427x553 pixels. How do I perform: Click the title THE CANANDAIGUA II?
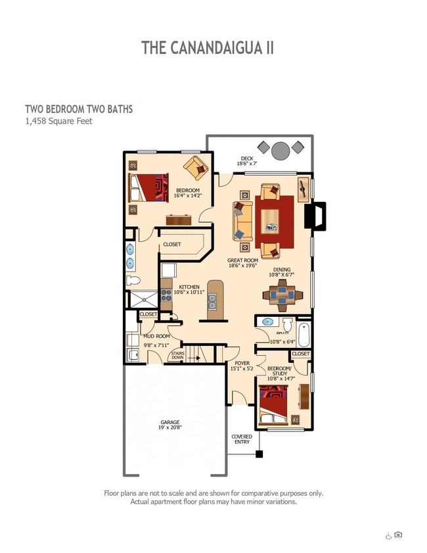tap(207, 48)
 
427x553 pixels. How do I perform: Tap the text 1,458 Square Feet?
tap(58, 121)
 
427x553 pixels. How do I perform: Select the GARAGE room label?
tap(170, 425)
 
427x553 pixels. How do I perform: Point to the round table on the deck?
tap(281, 151)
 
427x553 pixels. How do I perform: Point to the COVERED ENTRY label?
tap(242, 439)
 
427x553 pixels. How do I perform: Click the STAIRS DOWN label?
tap(177, 355)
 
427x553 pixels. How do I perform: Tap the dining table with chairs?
tap(282, 295)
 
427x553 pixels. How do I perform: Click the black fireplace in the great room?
tap(315, 216)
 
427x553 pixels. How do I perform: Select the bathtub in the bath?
tap(304, 334)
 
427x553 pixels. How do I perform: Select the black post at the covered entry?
tap(259, 454)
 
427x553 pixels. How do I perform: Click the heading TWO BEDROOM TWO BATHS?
tap(79, 108)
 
